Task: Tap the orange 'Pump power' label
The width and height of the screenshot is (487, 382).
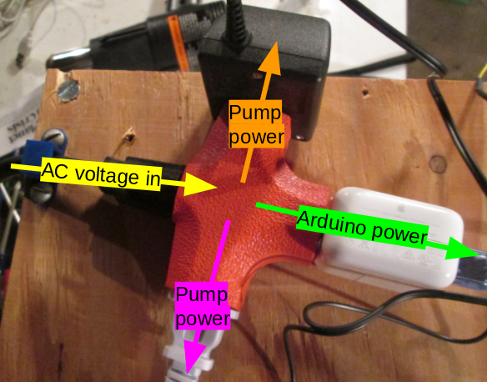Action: click(256, 124)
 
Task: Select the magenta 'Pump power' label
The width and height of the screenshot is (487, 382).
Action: click(202, 305)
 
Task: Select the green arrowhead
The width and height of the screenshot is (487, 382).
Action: click(463, 249)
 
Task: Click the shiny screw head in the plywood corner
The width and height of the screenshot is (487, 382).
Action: click(68, 89)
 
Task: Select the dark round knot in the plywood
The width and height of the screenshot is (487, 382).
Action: click(438, 164)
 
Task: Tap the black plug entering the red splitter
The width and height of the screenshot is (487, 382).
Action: click(143, 183)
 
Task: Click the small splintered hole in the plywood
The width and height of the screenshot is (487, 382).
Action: click(129, 136)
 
